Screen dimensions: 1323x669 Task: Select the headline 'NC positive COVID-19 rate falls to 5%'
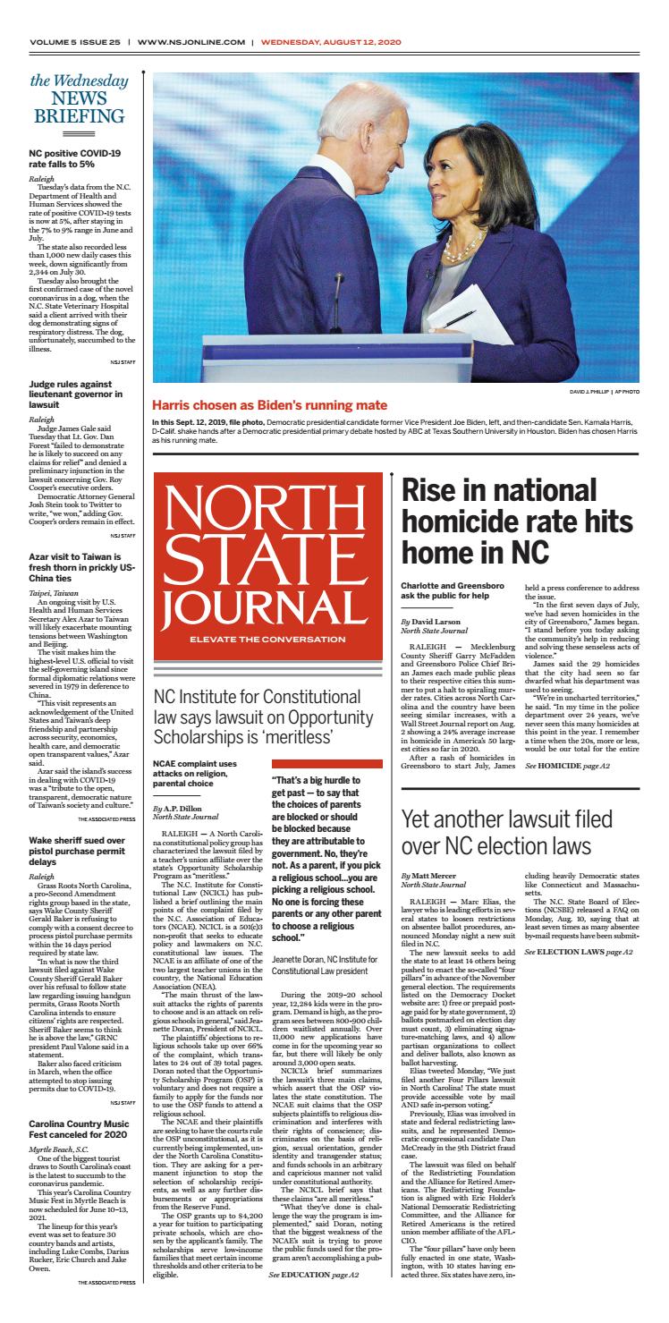[75, 158]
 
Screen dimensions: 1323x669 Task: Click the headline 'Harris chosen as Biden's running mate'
[269, 405]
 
